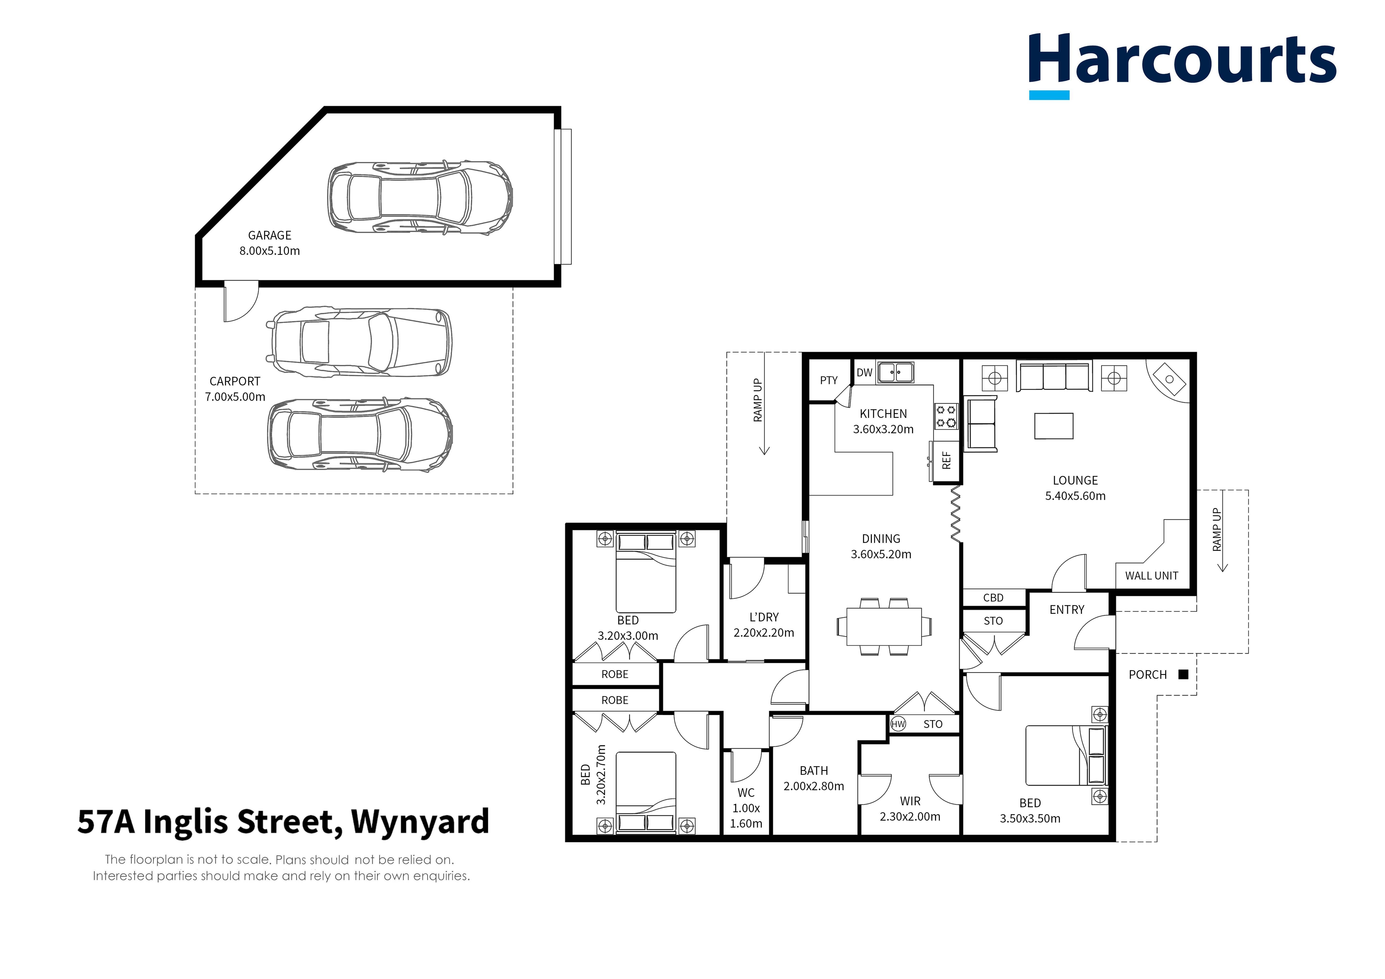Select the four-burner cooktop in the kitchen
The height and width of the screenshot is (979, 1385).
pyautogui.click(x=945, y=416)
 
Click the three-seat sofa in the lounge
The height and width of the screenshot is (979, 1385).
pyautogui.click(x=1054, y=377)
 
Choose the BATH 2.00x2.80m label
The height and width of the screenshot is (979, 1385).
pyautogui.click(x=814, y=778)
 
